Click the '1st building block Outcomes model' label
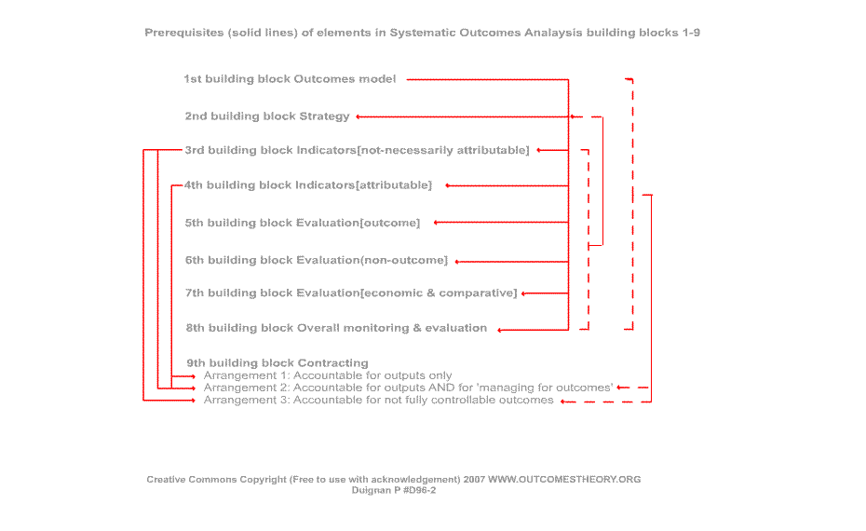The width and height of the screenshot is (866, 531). tap(290, 79)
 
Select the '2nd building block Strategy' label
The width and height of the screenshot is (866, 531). tap(267, 116)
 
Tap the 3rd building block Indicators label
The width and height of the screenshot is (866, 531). tap(357, 150)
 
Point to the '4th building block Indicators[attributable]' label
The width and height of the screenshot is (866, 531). tap(308, 185)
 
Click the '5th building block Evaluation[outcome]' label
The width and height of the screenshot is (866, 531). tap(303, 223)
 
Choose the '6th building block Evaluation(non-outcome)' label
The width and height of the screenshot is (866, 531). tap(317, 260)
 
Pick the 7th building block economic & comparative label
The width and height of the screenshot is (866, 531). tap(351, 293)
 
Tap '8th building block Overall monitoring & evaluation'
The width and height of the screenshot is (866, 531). tap(336, 328)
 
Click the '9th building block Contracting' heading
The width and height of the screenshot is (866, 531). tap(277, 363)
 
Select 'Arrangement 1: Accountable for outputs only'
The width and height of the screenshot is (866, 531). tap(328, 375)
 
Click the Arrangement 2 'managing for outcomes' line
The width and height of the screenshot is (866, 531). tap(408, 388)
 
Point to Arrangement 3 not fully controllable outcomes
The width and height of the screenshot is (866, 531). tap(378, 400)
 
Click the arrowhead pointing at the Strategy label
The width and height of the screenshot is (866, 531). tap(359, 116)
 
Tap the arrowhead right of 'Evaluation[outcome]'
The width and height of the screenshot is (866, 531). tap(437, 223)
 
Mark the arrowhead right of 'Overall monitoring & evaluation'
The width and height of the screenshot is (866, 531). tap(500, 331)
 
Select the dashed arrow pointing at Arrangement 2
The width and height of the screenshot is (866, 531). tap(633, 388)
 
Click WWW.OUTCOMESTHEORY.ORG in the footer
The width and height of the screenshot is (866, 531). tap(564, 480)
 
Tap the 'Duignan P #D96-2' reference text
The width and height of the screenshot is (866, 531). tap(394, 490)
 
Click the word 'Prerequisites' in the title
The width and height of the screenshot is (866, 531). tap(184, 33)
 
